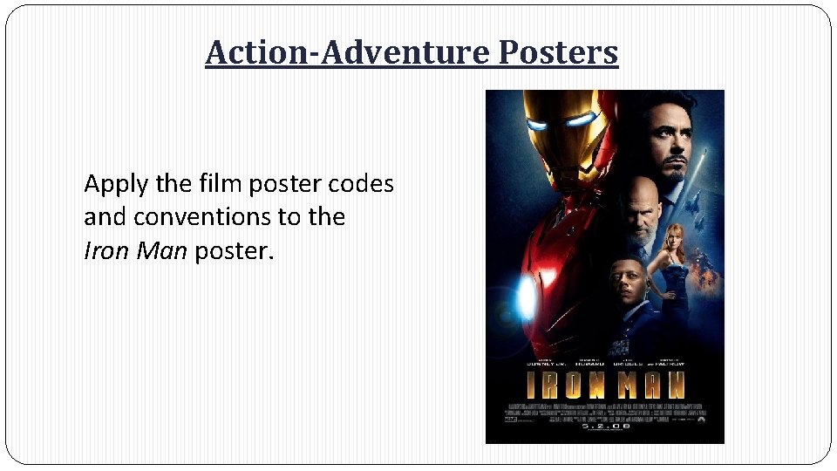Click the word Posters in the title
559,53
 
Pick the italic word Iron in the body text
103,251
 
